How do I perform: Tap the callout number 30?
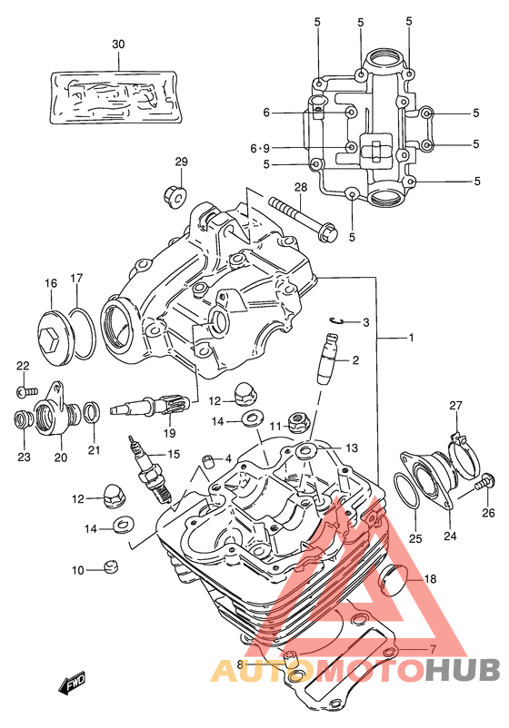pyautogui.click(x=118, y=44)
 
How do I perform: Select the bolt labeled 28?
pyautogui.click(x=303, y=218)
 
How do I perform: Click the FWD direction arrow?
pyautogui.click(x=73, y=683)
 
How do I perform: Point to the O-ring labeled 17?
pyautogui.click(x=85, y=334)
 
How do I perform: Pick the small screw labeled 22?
pyautogui.click(x=26, y=391)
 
